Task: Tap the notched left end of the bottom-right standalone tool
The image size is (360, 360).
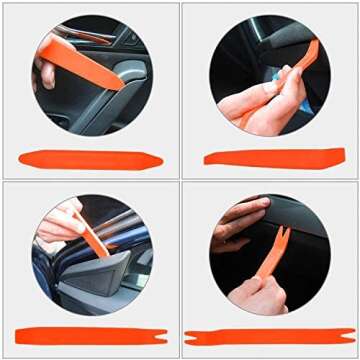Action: (x=191, y=337)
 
